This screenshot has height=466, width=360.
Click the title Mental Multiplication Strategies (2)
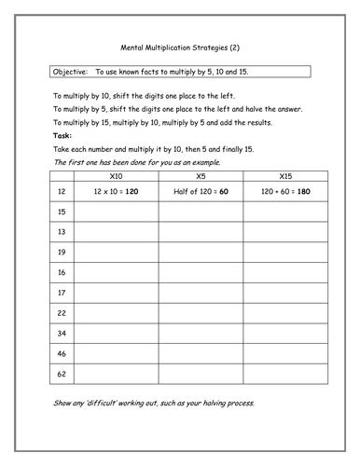click(180, 46)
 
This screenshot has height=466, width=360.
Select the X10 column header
click(116, 175)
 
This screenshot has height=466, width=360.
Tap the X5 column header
click(200, 175)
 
